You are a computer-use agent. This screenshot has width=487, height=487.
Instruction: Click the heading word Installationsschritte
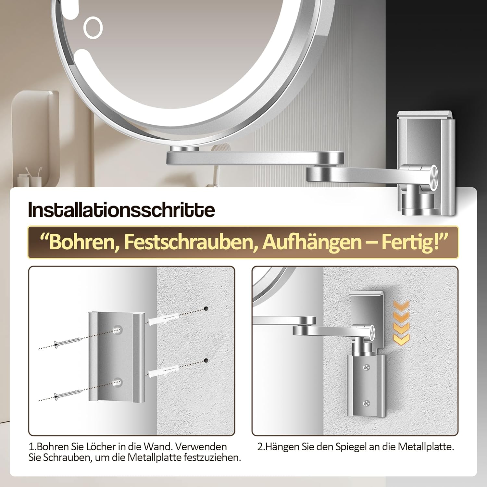122,210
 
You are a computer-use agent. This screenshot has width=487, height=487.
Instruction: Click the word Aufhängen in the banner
311,243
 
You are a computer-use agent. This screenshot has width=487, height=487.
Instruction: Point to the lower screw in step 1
68,394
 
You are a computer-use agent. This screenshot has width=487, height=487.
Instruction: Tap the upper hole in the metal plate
117,329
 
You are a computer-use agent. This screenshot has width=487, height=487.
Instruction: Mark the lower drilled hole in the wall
206,360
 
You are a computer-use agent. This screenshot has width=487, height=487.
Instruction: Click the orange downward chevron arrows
401,322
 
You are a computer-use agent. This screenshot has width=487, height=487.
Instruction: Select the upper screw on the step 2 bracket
367,367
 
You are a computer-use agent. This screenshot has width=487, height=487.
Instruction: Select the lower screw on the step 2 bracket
367,403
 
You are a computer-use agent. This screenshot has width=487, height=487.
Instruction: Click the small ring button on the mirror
93,28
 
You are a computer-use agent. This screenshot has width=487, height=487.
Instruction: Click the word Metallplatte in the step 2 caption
425,447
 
